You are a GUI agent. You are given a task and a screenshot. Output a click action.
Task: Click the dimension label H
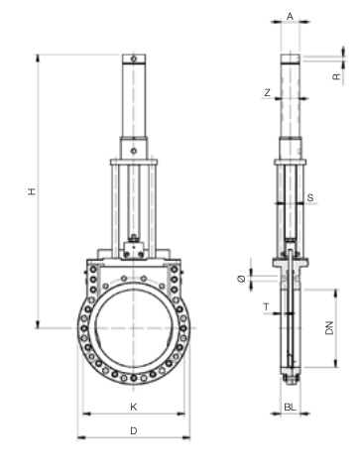(32, 191)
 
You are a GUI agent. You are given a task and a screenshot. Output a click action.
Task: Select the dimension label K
(134, 407)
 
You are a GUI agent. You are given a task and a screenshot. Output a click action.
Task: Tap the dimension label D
(134, 431)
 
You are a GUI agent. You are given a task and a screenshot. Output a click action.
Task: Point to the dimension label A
(290, 16)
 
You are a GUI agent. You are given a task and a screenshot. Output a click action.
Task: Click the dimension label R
(336, 76)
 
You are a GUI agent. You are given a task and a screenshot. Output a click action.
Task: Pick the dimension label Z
(268, 93)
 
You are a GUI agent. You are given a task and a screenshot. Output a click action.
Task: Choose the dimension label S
(310, 197)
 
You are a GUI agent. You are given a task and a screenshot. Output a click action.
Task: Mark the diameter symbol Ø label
(242, 279)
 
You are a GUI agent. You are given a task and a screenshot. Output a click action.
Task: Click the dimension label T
(267, 307)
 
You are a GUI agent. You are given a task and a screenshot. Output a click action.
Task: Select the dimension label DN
(329, 328)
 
